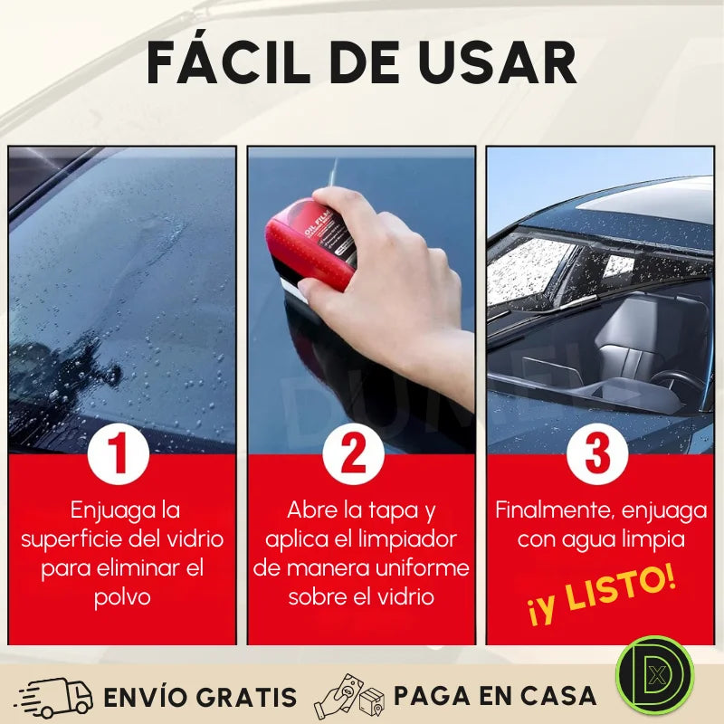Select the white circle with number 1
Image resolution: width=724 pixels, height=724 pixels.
[x=119, y=453]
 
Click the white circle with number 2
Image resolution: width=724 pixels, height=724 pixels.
[x=354, y=453]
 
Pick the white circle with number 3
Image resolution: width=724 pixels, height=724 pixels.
[x=597, y=453]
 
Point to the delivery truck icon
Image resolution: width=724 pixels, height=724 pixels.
[x=54, y=697]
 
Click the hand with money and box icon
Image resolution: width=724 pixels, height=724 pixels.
[x=348, y=696]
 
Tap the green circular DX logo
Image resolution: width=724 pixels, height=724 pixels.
[x=654, y=675]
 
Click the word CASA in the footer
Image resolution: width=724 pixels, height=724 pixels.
[x=552, y=696]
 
